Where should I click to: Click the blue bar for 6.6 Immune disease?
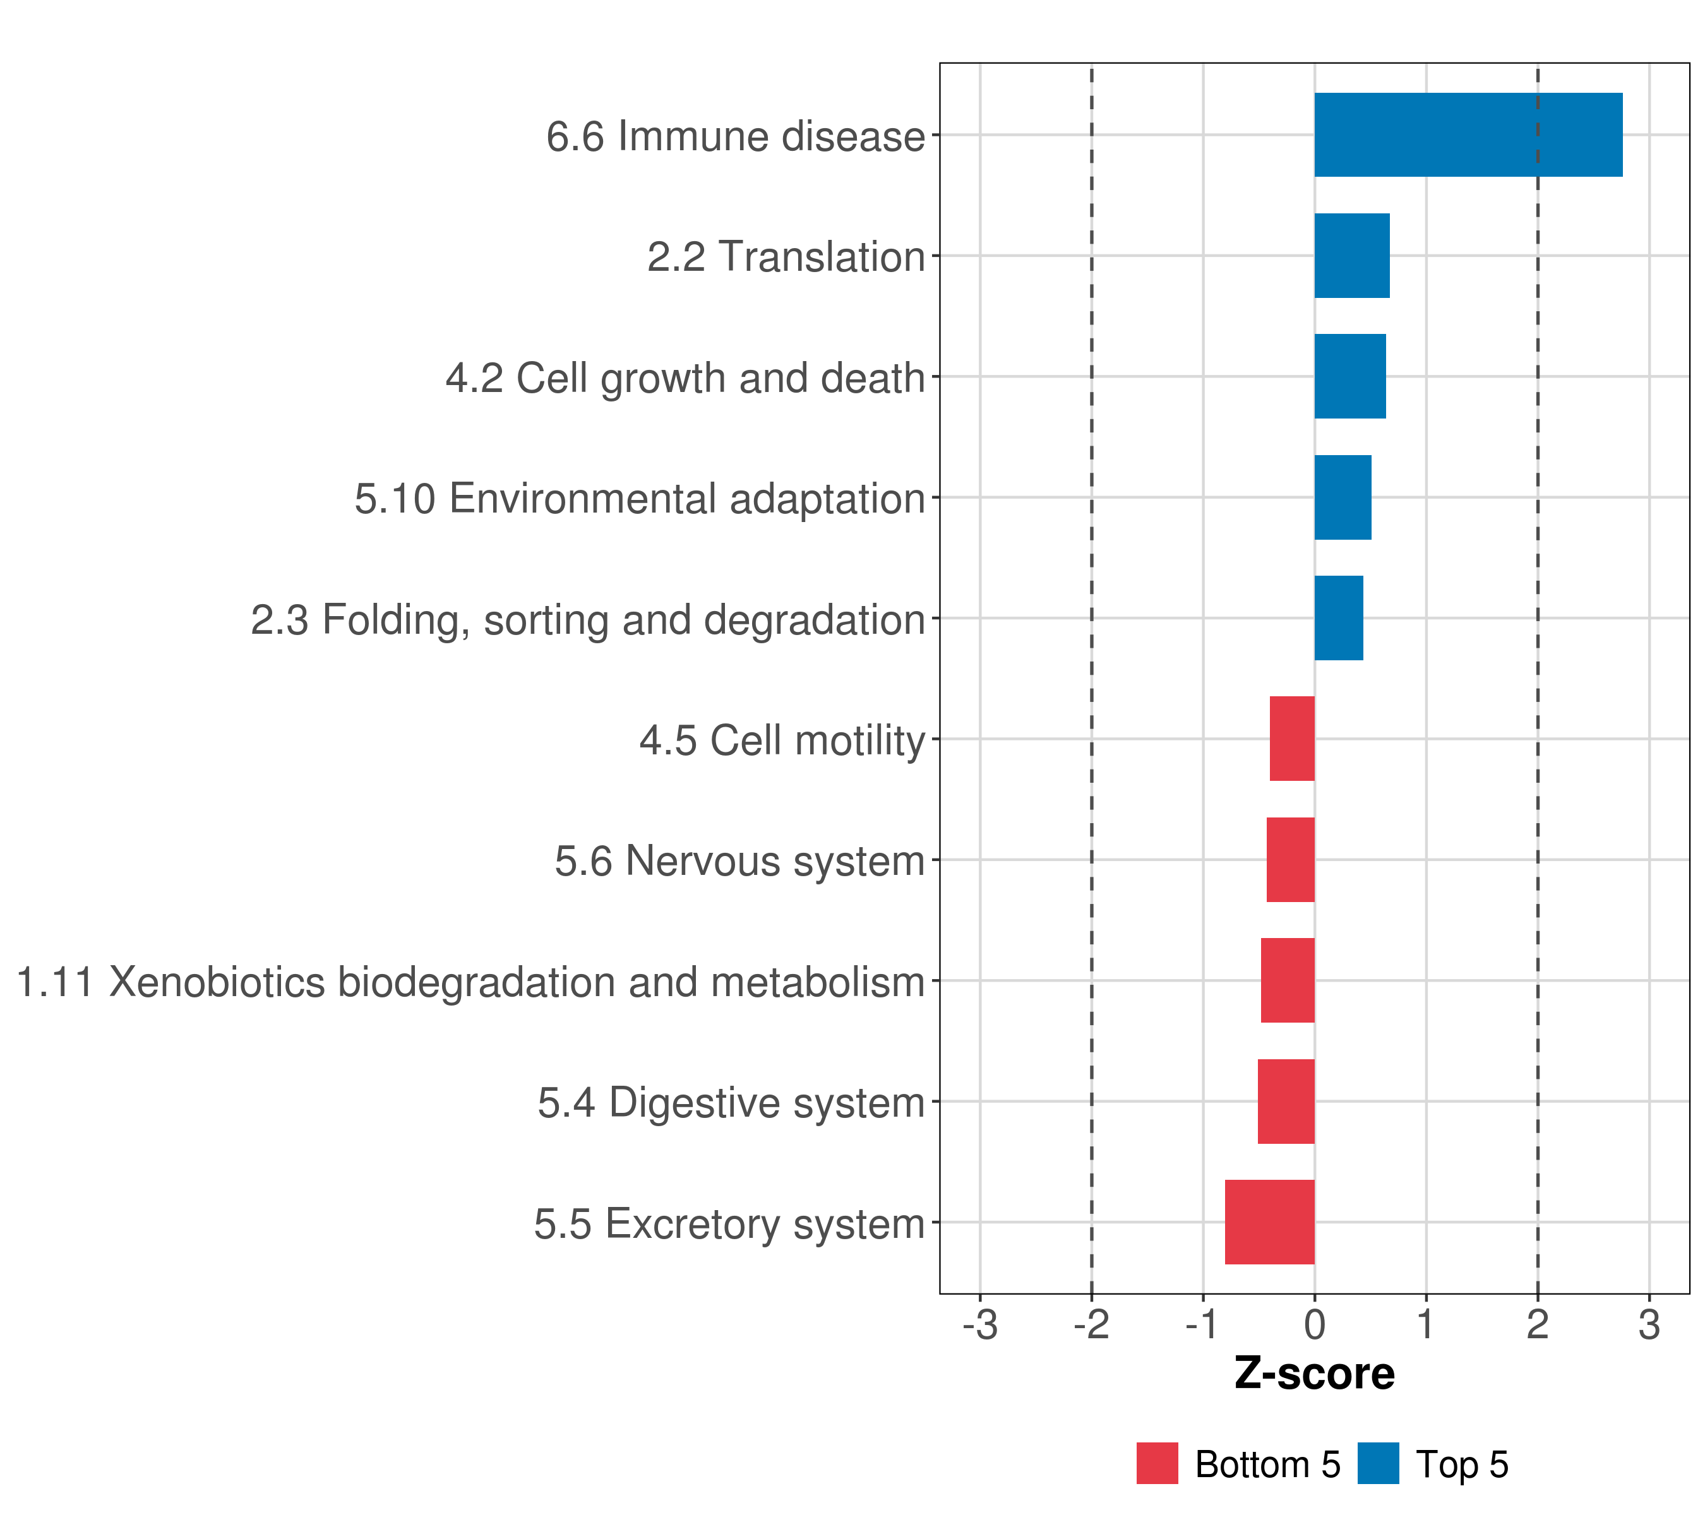1468,135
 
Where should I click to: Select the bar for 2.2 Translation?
1351,256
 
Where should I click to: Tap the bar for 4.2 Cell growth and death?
1349,377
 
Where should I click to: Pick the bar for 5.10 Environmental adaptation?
1342,498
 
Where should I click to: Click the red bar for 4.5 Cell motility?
1292,739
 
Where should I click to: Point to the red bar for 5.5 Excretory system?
1269,1222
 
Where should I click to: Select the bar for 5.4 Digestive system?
1286,1102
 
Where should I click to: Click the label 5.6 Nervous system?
740,860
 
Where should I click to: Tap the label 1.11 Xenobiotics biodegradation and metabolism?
470,982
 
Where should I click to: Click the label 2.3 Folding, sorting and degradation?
588,619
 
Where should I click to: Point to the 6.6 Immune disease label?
736,136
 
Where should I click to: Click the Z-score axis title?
1315,1374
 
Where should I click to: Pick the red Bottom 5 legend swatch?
1157,1463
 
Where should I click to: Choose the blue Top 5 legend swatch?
1378,1463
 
